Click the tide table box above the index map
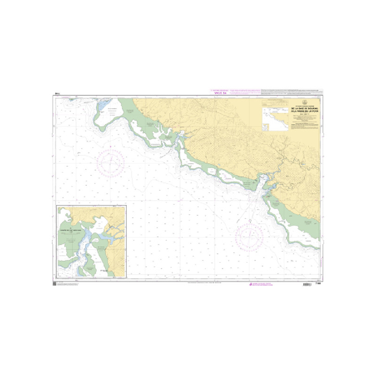(x=275, y=102)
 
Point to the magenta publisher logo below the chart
(x=250, y=284)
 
